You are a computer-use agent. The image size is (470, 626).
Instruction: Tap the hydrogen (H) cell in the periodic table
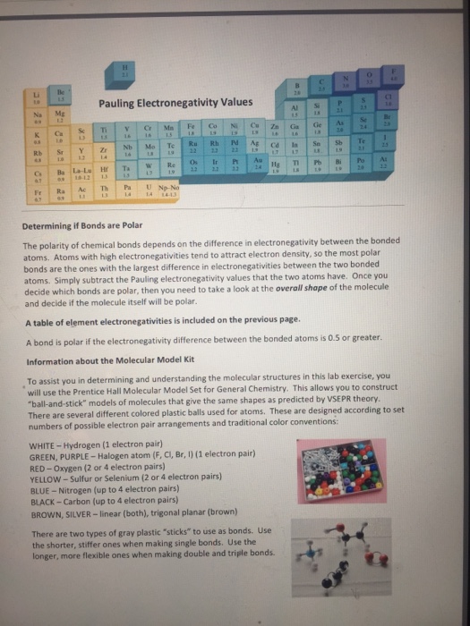(137, 72)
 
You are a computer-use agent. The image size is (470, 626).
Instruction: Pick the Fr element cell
(38, 191)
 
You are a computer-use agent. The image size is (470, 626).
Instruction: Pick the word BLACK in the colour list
(45, 503)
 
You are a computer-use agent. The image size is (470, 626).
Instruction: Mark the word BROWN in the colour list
(47, 514)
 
